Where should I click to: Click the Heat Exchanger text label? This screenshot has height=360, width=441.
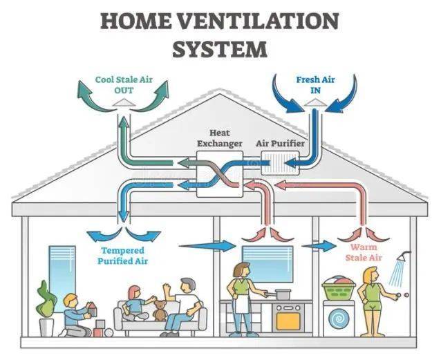(219, 138)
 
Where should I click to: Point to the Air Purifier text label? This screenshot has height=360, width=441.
(279, 143)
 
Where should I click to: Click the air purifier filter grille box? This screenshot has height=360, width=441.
(280, 163)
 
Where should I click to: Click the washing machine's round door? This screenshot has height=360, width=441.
(339, 319)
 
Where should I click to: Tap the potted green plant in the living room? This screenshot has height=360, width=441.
(46, 304)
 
